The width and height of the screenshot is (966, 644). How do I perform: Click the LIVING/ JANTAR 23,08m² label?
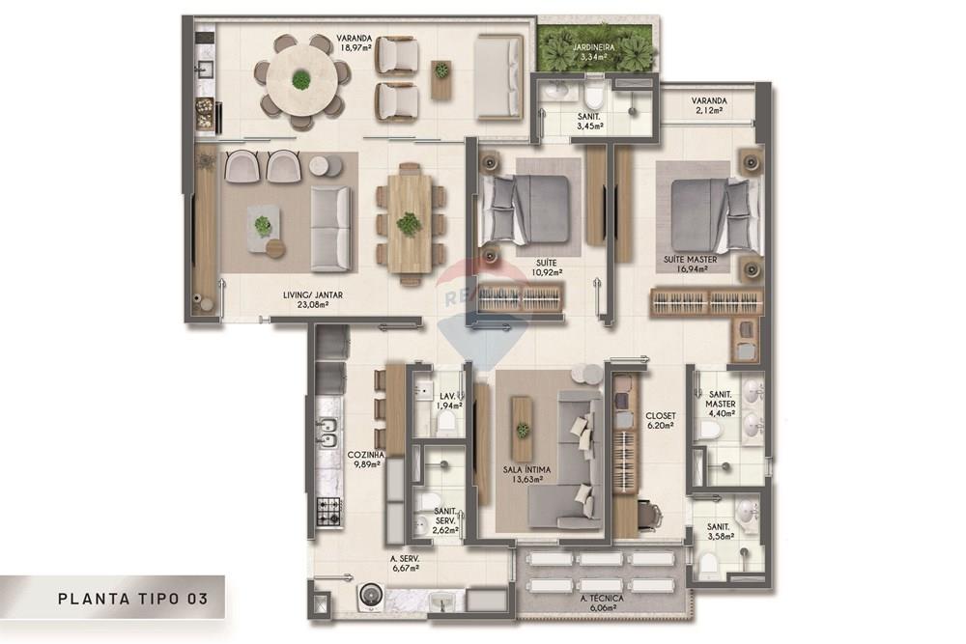314,301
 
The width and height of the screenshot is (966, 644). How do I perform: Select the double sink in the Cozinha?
327,433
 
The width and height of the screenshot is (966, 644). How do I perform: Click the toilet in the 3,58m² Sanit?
710,562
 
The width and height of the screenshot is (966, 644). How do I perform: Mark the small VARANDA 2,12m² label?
710,105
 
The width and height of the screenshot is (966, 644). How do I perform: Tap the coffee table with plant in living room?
263,227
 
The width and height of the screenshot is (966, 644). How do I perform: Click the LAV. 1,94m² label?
447,402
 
